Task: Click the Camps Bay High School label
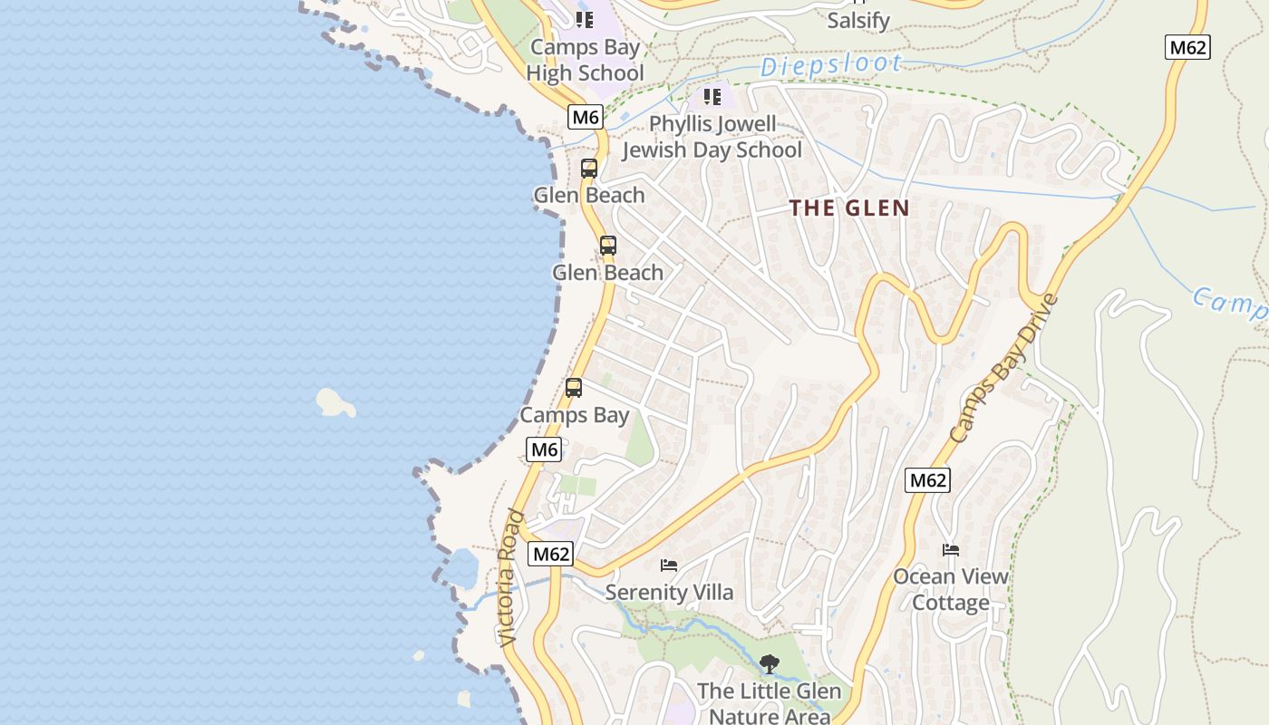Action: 585,60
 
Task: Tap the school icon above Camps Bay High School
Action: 585,19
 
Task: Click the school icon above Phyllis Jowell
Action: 712,96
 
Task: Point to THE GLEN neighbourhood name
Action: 848,208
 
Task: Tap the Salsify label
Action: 857,20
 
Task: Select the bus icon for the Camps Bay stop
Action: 574,388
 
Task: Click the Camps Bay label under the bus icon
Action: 574,415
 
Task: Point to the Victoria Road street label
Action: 511,577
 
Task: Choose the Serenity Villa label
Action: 669,593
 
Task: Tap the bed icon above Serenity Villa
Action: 669,565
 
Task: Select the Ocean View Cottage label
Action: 950,589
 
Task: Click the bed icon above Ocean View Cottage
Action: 950,549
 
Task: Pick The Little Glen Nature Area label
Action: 769,703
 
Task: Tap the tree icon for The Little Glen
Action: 769,664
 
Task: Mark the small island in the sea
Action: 334,402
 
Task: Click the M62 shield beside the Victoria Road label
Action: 551,554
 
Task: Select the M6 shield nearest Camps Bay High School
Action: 586,116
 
